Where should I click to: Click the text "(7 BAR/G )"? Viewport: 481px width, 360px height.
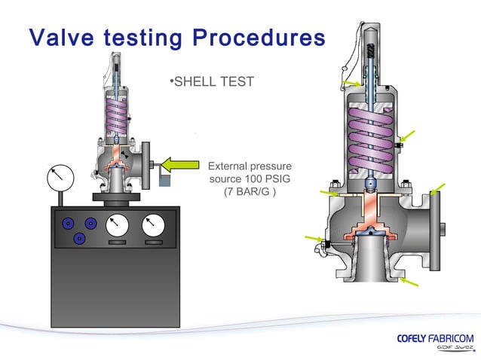click(250, 192)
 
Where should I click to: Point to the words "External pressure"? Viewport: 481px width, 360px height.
click(250, 166)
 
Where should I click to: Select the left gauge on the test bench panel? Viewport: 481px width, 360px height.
click(116, 226)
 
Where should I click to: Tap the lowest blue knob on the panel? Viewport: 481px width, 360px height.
click(79, 238)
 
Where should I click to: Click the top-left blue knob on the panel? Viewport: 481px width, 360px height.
click(68, 224)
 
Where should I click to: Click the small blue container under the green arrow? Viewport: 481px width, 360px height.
click(165, 182)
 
